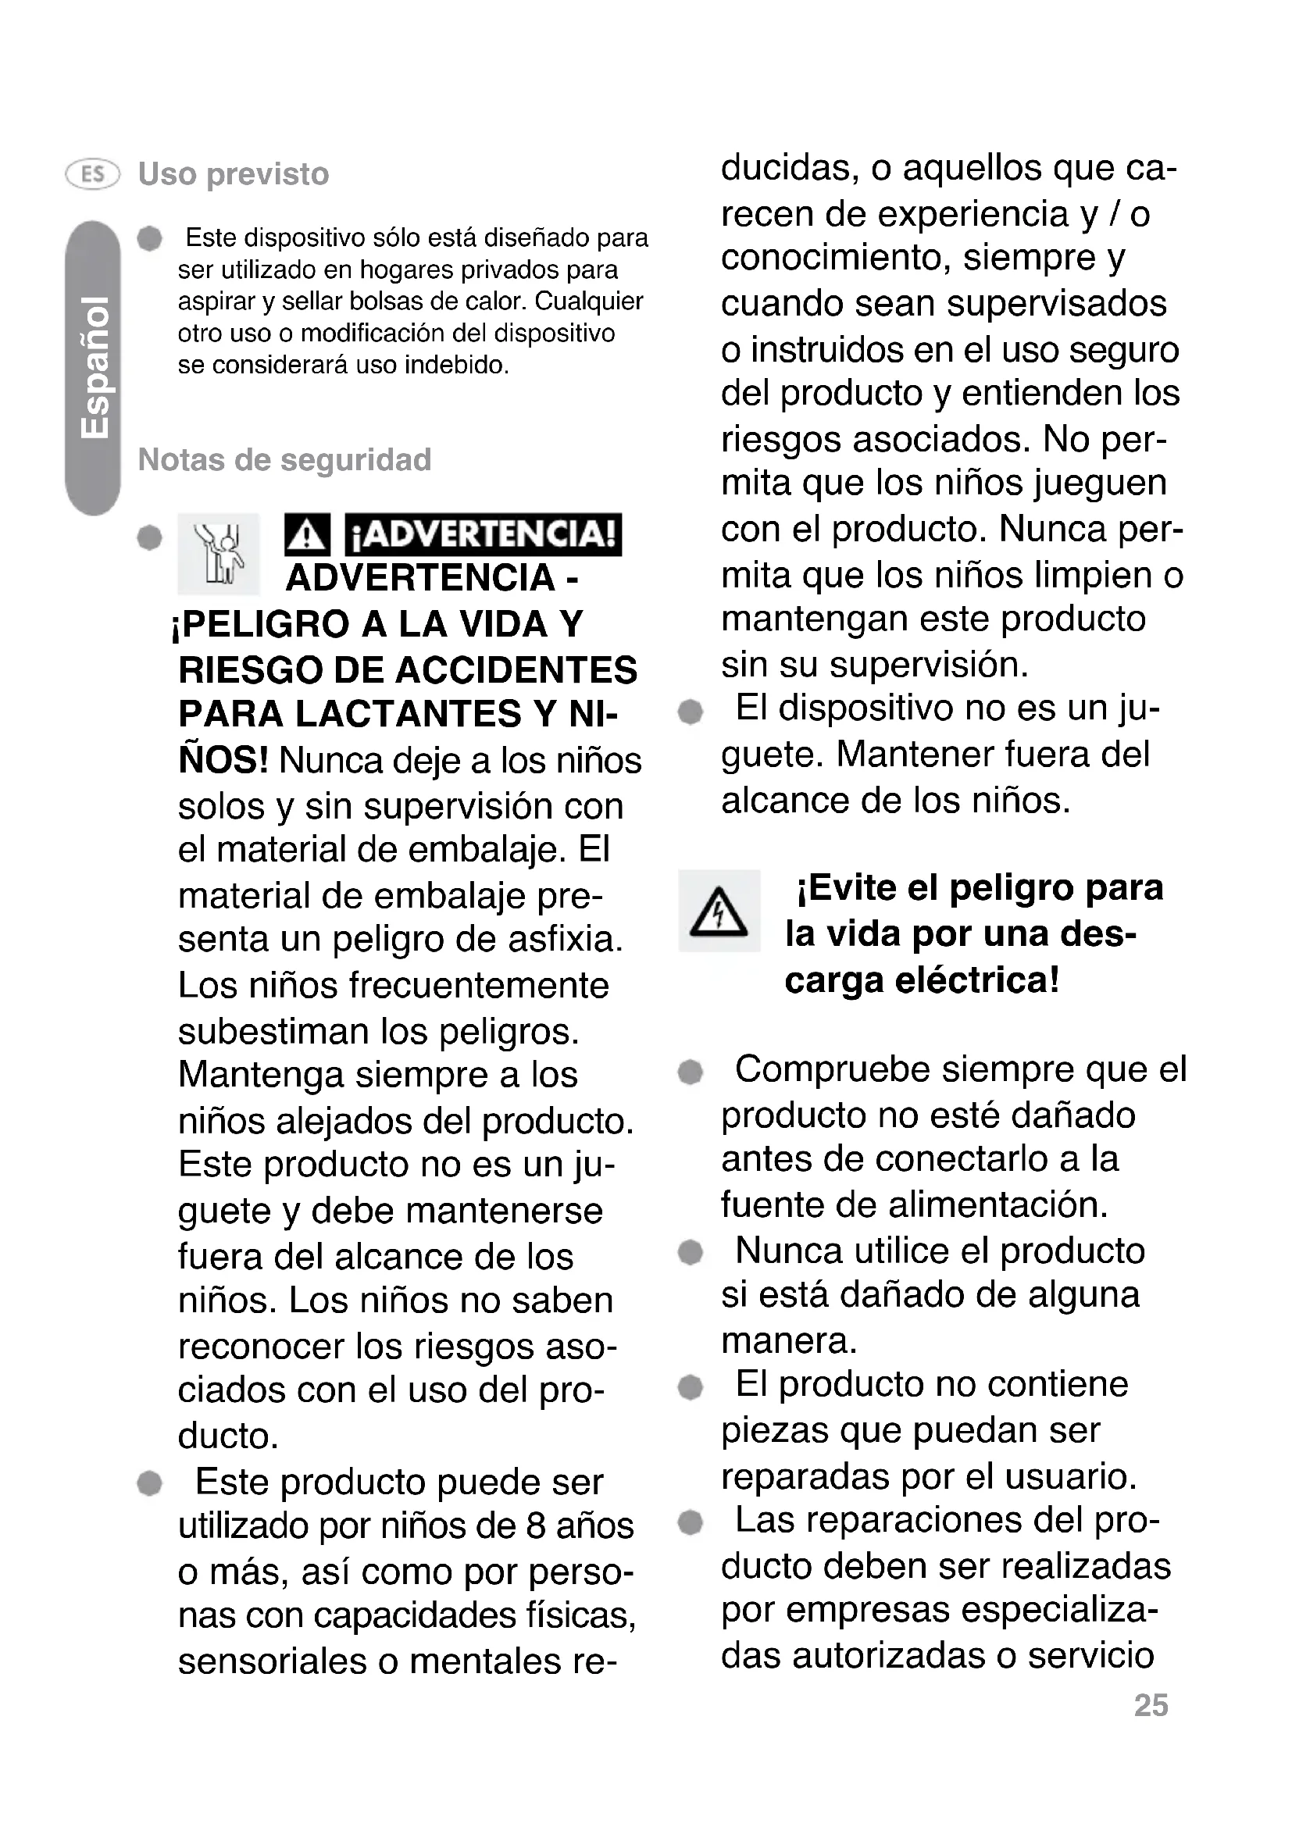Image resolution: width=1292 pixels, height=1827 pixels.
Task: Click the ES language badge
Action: (92, 173)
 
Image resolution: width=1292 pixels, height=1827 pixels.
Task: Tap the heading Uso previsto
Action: (233, 174)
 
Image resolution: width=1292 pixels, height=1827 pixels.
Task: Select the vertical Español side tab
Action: (93, 368)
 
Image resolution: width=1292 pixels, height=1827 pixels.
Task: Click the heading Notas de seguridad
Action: (284, 459)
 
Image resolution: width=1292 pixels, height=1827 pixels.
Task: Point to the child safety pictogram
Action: (219, 554)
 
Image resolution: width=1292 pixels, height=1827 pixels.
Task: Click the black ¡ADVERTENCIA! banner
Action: (483, 535)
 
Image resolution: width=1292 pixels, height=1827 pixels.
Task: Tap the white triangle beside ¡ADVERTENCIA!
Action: (306, 535)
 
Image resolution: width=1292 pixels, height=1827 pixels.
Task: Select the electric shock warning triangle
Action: (719, 911)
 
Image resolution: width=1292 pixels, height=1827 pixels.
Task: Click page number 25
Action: (1151, 1705)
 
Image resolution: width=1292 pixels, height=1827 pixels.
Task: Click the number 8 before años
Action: (534, 1526)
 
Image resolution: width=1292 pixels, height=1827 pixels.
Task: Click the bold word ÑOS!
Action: (223, 761)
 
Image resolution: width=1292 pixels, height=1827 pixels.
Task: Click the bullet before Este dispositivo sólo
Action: (149, 238)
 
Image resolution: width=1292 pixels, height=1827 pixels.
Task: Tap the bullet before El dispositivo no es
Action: (691, 711)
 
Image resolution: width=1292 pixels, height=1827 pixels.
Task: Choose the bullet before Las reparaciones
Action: (691, 1523)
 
